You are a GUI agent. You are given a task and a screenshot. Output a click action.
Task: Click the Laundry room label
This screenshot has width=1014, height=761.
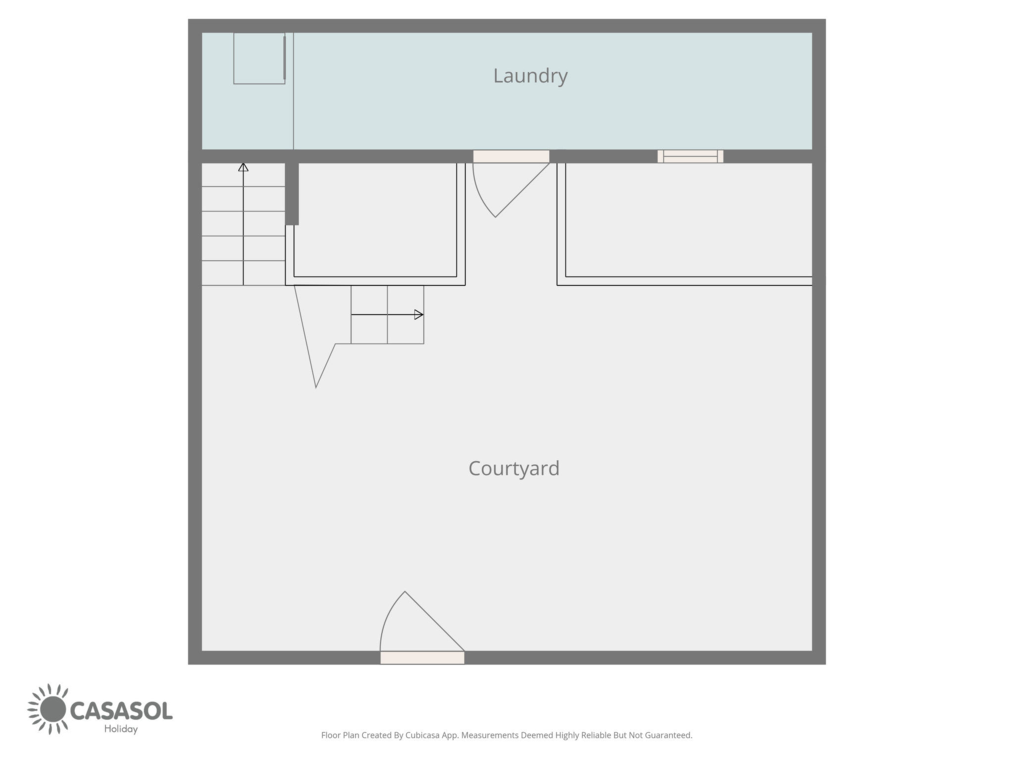click(530, 76)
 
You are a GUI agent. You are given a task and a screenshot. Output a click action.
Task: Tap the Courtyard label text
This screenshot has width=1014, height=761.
click(514, 469)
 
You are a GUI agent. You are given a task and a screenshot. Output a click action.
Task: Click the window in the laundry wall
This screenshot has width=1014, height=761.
click(690, 156)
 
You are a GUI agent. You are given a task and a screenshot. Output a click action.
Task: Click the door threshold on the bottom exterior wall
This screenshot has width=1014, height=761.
click(422, 657)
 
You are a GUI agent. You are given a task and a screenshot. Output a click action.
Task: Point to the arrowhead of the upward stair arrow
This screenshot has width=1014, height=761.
click(243, 167)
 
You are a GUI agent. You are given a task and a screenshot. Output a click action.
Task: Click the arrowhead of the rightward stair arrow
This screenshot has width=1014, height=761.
click(419, 314)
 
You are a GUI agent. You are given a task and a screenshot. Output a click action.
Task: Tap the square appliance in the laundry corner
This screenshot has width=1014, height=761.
click(259, 58)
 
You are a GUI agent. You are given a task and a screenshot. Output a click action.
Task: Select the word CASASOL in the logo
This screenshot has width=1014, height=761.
click(121, 710)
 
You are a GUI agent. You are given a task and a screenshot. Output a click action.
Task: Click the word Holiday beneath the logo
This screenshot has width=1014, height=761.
click(121, 729)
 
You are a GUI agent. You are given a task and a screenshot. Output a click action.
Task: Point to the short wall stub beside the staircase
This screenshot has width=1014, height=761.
click(292, 194)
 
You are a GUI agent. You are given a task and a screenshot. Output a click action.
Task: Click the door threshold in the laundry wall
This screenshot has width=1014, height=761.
click(511, 156)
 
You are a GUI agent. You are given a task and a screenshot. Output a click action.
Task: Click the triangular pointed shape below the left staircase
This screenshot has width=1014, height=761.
click(315, 342)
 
